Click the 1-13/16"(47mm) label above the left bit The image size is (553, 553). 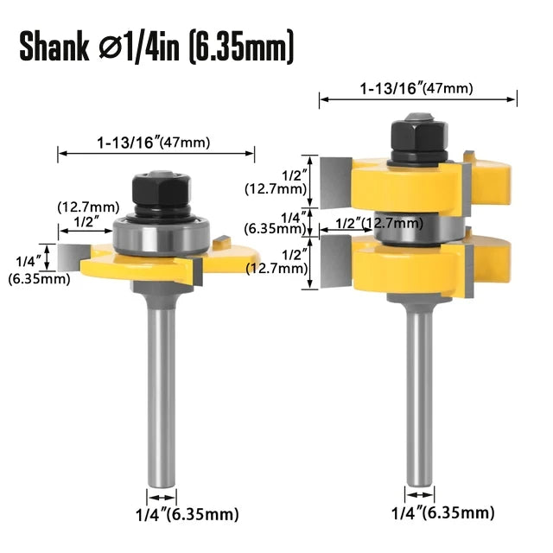coord(156,143)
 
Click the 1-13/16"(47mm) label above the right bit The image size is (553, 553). coord(418,87)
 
